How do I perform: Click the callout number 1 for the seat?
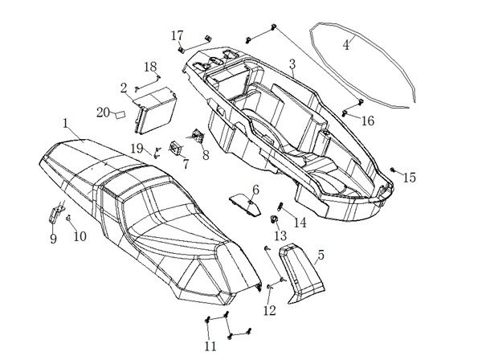(x=65, y=123)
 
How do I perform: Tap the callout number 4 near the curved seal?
(x=346, y=45)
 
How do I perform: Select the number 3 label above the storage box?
(x=292, y=63)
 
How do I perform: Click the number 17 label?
(x=178, y=35)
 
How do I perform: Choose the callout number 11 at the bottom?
(x=210, y=346)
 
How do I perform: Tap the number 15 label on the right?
(x=409, y=178)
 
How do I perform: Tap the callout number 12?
(x=269, y=310)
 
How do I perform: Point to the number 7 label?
(x=186, y=165)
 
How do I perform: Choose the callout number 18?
(x=150, y=66)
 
